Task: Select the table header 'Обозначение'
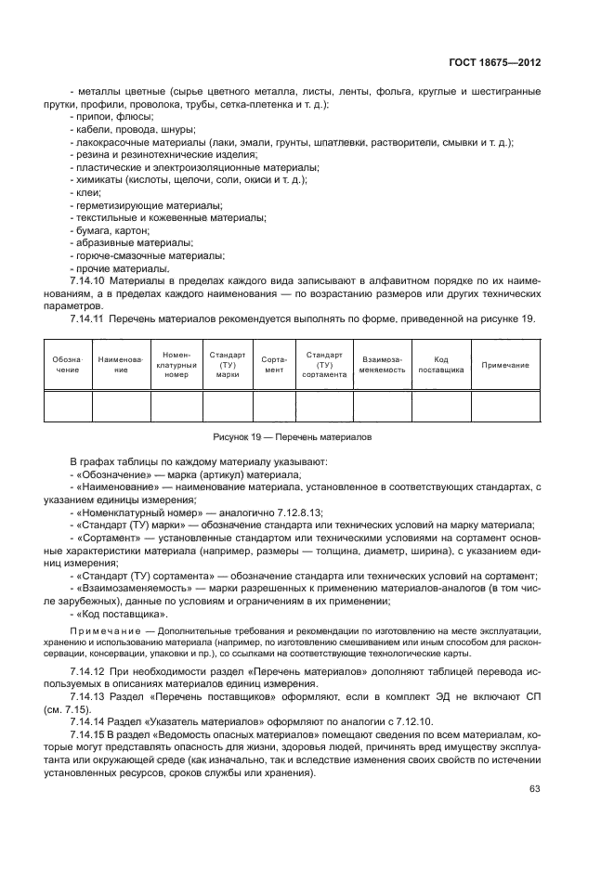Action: click(x=67, y=365)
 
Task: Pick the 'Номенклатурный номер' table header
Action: click(x=176, y=365)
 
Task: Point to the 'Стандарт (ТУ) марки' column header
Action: click(x=228, y=365)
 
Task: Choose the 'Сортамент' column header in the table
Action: click(x=274, y=365)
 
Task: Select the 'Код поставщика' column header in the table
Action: click(x=440, y=365)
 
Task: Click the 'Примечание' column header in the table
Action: click(x=506, y=365)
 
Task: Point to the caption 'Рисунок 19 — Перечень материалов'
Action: click(x=307, y=436)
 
